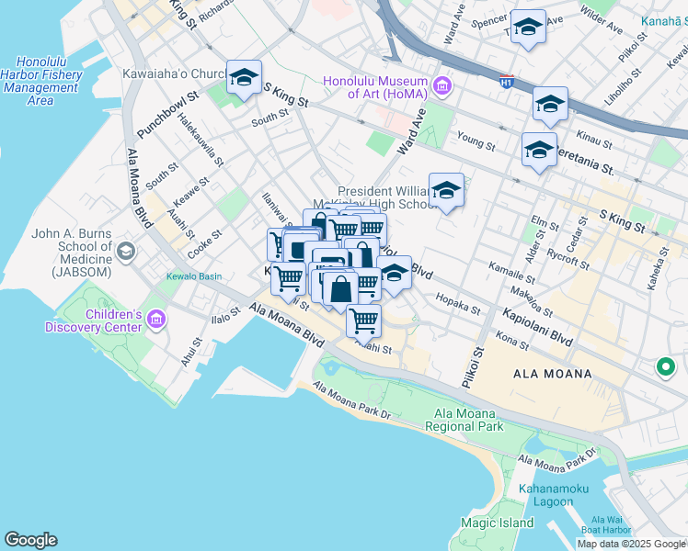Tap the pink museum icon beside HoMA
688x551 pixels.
442,87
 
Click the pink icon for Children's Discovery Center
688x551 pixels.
155,320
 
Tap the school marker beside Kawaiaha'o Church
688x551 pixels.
244,78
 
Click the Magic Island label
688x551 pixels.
497,523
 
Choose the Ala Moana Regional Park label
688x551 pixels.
464,420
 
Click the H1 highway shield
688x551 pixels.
506,82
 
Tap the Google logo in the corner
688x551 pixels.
30,540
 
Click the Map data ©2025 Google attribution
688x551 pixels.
631,544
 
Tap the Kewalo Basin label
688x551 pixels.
189,276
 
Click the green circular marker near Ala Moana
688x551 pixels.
665,367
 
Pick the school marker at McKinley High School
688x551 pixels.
446,190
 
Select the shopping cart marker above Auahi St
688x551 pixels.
364,320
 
